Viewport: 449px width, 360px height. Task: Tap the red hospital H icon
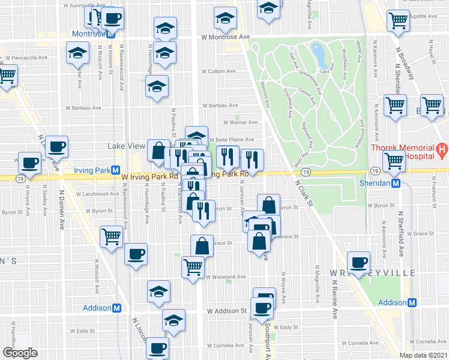441,148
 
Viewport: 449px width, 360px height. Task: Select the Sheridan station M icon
396,184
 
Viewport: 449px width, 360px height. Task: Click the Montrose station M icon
111,34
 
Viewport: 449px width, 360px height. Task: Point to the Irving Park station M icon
116,170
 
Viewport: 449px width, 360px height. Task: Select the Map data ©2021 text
423,355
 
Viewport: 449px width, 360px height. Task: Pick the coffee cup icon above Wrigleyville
359,262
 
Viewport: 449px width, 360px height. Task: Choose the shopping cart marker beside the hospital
394,161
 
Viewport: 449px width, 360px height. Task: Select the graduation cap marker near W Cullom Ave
157,87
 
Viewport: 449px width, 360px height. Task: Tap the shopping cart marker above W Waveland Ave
193,266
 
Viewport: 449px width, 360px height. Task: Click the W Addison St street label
228,311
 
